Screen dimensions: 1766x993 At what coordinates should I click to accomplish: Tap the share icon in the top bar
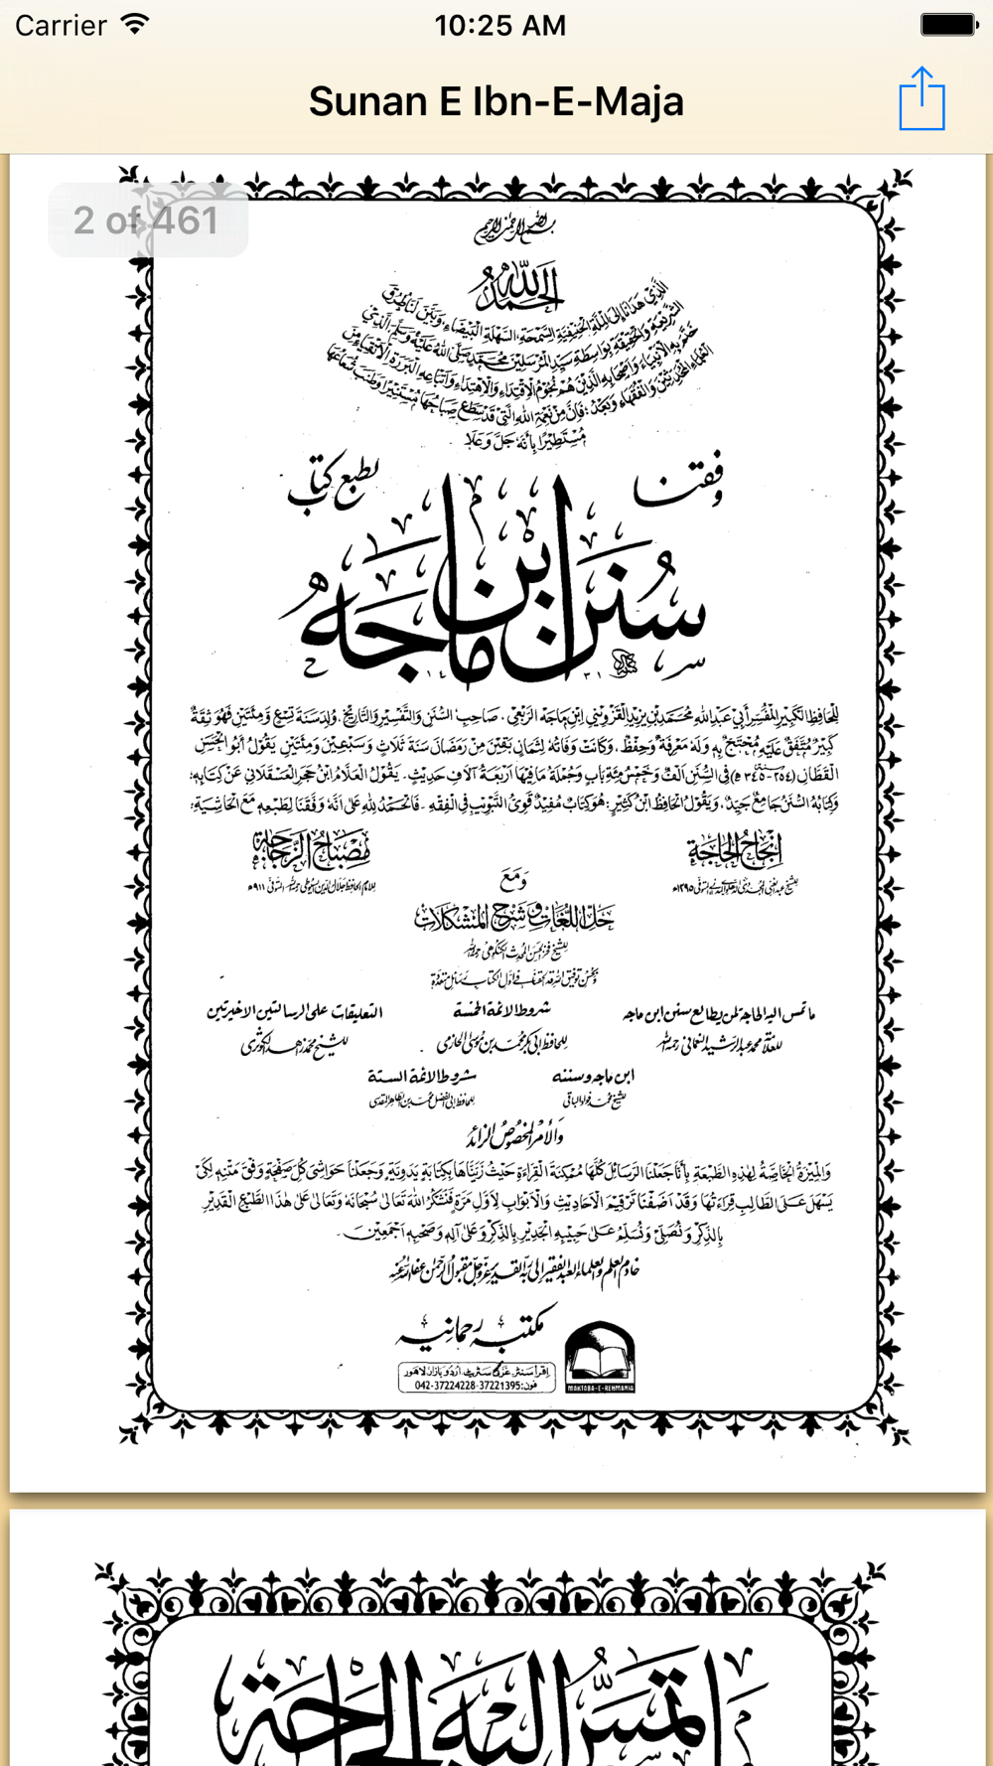point(922,99)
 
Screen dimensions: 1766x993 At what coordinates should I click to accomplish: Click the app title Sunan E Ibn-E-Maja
point(496,101)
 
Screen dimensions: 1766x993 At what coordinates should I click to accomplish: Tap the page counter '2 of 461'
point(147,221)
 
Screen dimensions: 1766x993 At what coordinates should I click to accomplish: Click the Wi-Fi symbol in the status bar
point(135,24)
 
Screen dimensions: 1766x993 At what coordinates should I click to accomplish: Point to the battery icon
point(948,24)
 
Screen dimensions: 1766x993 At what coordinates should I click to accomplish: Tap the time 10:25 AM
point(499,25)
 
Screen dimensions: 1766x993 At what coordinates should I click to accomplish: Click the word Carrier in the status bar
point(61,25)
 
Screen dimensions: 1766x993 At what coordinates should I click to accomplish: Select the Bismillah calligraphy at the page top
point(513,229)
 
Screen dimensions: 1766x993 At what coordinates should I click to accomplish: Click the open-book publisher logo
point(600,1357)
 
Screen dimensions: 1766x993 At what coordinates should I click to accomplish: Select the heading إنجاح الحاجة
point(735,850)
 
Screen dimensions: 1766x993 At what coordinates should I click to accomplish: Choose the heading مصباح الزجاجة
point(311,850)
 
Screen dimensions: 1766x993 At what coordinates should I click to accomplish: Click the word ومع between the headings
point(514,878)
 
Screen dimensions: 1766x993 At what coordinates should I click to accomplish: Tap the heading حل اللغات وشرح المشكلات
point(514,917)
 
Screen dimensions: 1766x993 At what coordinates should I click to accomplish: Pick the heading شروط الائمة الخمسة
point(501,1011)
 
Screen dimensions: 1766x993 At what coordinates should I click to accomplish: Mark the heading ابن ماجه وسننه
point(593,1076)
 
